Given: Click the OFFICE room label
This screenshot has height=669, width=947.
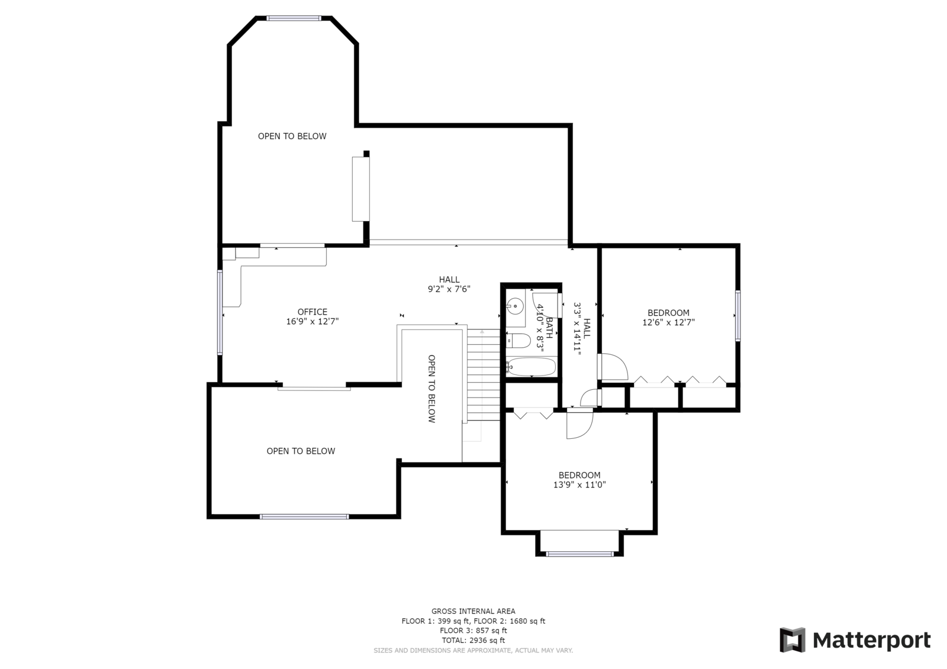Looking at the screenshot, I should (312, 312).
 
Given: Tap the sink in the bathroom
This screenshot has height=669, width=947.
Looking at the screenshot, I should (516, 306).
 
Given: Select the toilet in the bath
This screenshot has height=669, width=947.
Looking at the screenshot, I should (519, 341).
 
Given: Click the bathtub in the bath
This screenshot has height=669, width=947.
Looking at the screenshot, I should (532, 367).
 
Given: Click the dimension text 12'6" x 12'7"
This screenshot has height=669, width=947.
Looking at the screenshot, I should (668, 323).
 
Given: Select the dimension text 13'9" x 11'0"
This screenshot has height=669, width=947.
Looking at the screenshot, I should (579, 485).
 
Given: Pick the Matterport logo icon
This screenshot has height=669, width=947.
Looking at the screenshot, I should (792, 640).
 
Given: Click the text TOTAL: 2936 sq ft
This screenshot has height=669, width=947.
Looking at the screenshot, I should (473, 641).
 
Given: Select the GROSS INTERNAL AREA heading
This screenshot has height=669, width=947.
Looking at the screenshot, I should (473, 612).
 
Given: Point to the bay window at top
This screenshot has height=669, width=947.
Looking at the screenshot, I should (294, 18).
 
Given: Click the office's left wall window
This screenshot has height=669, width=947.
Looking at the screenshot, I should (220, 312).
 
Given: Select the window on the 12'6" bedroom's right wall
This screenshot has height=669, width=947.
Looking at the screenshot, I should (737, 315).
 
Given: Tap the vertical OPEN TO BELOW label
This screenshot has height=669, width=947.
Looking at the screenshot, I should (431, 389).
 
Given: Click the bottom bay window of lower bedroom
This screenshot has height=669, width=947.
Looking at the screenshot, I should (579, 554).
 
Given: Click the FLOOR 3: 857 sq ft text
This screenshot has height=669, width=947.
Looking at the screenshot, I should (473, 631).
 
